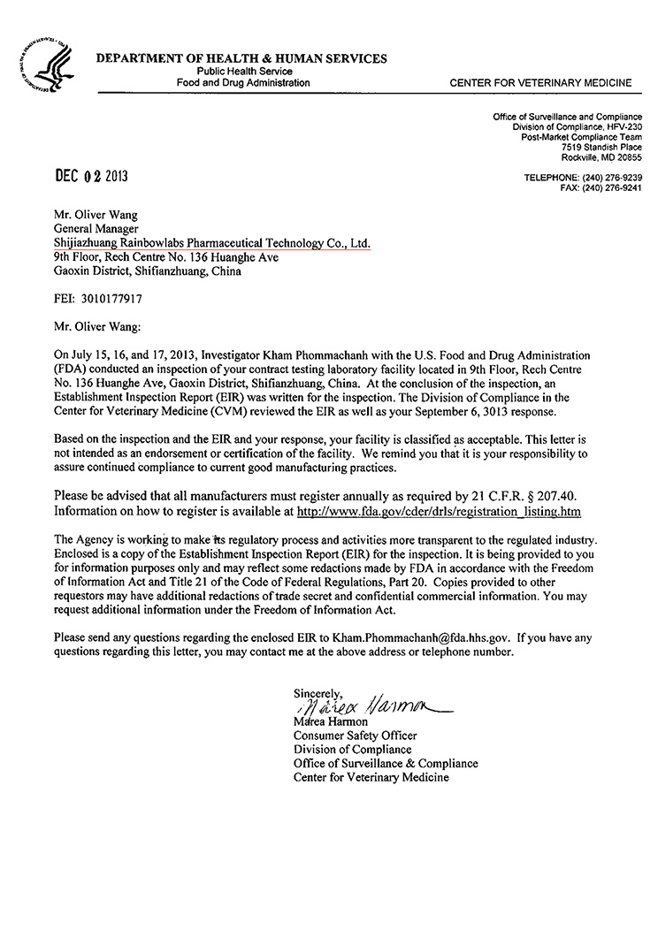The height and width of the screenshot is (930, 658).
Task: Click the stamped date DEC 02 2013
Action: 92,176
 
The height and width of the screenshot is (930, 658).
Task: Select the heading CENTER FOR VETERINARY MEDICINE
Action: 540,83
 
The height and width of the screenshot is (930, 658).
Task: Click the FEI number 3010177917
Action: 100,299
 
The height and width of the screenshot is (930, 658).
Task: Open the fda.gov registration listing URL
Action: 439,511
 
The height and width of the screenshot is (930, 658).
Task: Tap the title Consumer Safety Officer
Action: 355,736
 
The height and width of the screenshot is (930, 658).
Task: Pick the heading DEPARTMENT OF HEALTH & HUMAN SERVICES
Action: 241,59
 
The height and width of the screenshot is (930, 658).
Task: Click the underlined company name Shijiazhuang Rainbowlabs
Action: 209,242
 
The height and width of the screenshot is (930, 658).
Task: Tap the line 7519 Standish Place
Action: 601,147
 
